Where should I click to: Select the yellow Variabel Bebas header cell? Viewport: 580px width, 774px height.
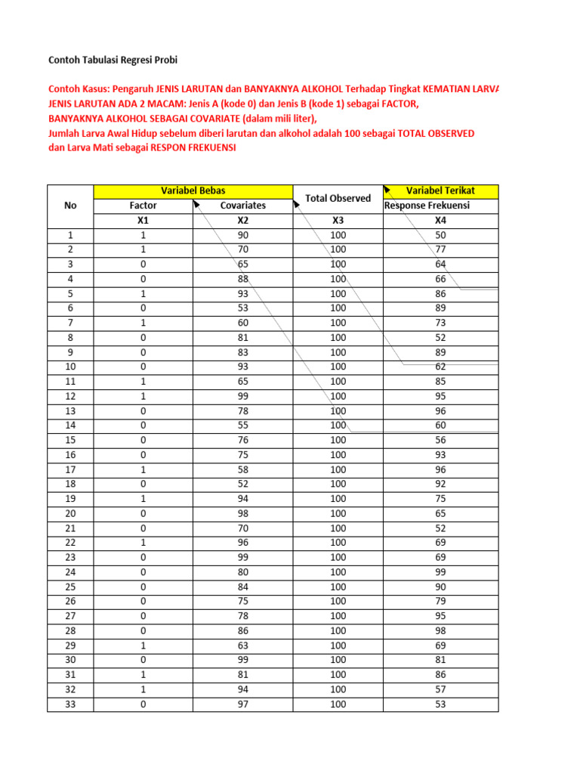193,190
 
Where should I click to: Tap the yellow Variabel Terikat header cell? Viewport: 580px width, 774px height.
440,190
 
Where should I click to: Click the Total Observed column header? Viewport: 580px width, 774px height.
338,198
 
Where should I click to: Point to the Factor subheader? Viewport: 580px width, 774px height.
143,206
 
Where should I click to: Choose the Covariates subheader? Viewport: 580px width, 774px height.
242,206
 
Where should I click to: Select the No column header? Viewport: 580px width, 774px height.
70,206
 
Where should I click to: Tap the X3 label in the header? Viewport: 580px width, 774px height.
338,221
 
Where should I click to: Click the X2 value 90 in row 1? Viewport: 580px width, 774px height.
242,235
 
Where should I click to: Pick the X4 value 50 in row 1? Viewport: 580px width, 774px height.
440,235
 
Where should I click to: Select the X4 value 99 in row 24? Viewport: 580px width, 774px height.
440,572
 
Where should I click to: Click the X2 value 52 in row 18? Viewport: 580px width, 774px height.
242,484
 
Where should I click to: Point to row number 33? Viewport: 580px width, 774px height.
70,704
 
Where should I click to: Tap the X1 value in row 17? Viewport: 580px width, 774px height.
143,469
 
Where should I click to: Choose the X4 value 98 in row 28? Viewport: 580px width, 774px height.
440,630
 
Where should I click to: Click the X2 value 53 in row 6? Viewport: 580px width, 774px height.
242,308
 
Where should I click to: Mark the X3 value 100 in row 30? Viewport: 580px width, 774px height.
338,660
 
